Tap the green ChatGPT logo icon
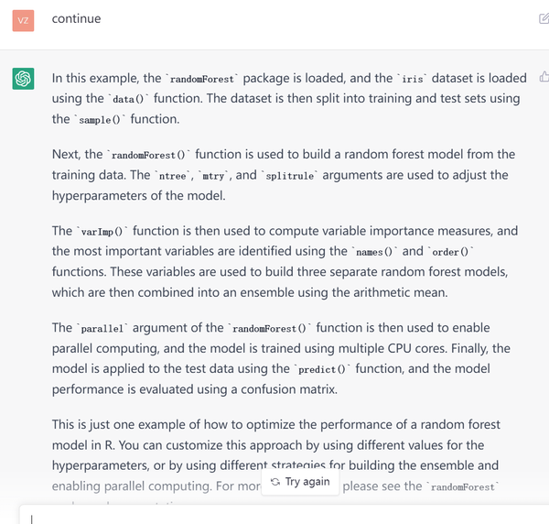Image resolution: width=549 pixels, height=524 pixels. tap(23, 80)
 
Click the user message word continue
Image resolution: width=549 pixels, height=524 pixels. tap(76, 18)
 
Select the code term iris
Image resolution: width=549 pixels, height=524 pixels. tap(414, 79)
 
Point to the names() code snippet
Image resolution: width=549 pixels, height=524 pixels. tap(374, 252)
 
